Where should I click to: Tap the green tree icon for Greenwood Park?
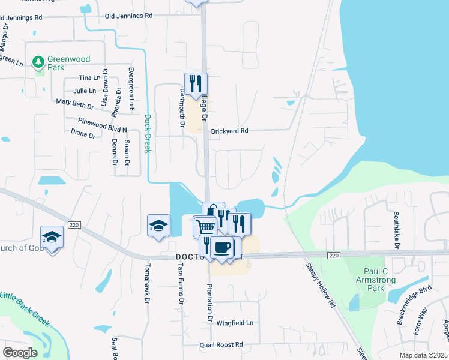39,62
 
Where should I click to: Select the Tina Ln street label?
89,78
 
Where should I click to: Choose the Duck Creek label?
147,134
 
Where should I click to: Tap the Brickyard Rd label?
229,130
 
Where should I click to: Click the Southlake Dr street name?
396,230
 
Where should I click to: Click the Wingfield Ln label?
235,323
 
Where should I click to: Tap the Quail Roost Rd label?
221,344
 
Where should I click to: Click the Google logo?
20,352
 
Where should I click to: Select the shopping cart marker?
205,227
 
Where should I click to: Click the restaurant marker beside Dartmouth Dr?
196,83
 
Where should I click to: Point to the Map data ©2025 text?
423,355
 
